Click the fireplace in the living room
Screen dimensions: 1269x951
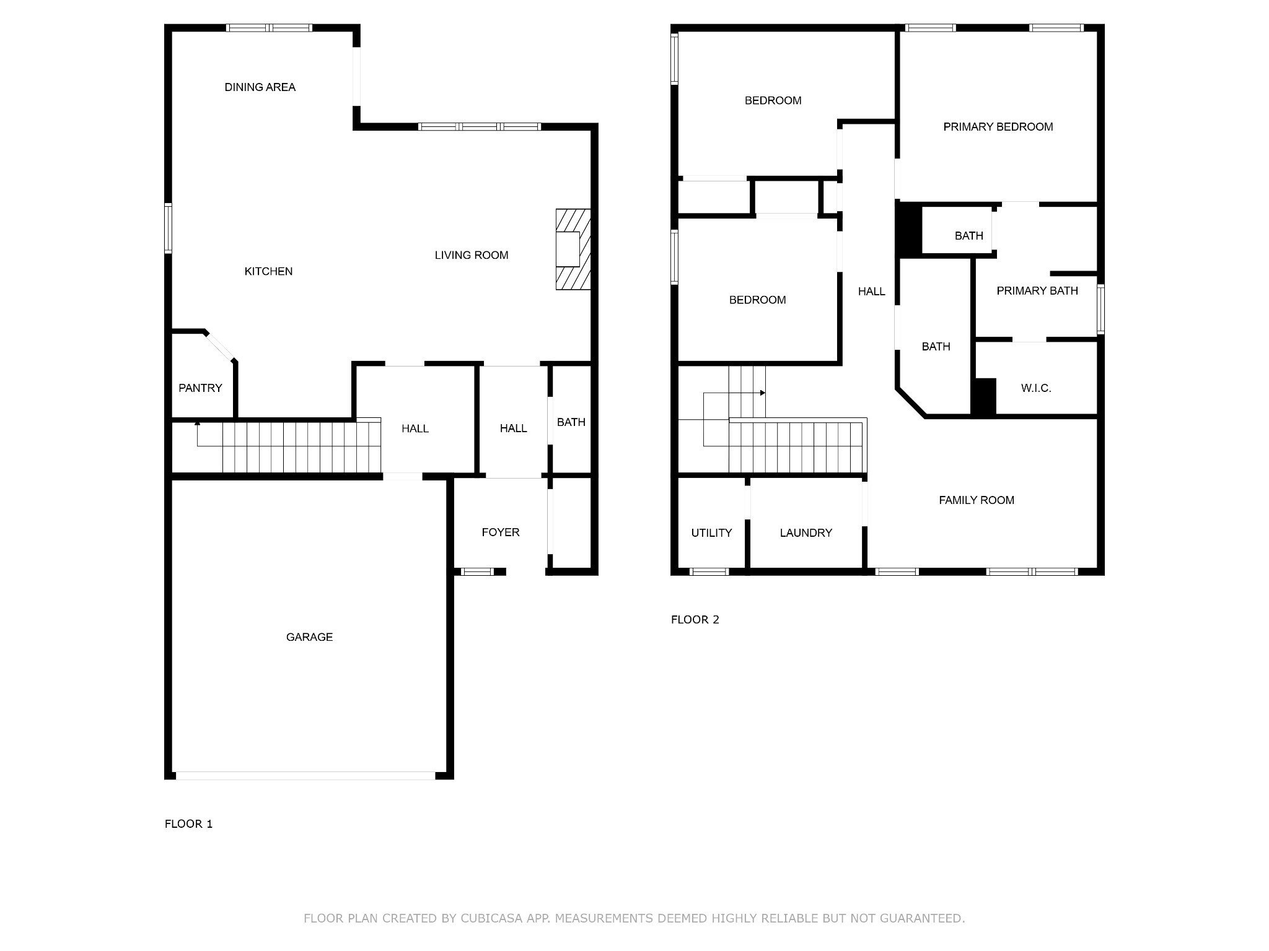tap(573, 250)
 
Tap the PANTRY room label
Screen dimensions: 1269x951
tap(200, 388)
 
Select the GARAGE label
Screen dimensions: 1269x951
tap(309, 637)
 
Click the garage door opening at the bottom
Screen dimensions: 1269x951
tap(306, 775)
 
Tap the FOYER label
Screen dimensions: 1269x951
tap(501, 532)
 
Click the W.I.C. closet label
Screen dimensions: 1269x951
tap(1036, 388)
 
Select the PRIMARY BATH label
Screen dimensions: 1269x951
tap(1037, 291)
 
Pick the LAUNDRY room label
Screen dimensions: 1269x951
tap(806, 533)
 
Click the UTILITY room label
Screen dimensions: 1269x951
tap(711, 533)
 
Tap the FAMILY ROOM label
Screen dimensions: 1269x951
tap(977, 500)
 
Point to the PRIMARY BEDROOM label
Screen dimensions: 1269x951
tap(998, 127)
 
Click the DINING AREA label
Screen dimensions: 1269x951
tap(260, 87)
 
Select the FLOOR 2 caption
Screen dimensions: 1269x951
tap(695, 620)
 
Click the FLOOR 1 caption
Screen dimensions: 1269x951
tap(188, 824)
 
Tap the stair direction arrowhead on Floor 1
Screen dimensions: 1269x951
tap(197, 423)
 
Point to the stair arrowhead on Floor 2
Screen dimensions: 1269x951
tap(763, 393)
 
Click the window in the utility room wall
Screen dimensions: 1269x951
tap(709, 571)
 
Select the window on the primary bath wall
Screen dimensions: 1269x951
tap(1100, 309)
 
